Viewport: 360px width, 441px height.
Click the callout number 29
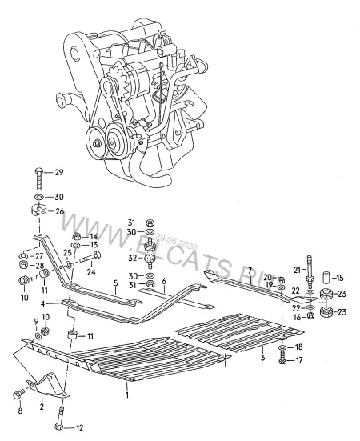[59, 172]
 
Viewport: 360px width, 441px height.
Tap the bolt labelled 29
[38, 178]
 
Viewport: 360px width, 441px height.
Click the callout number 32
[132, 258]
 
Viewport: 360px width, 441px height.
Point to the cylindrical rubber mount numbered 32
[150, 256]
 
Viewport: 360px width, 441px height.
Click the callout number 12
[80, 428]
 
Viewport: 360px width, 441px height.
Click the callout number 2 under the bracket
[42, 407]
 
